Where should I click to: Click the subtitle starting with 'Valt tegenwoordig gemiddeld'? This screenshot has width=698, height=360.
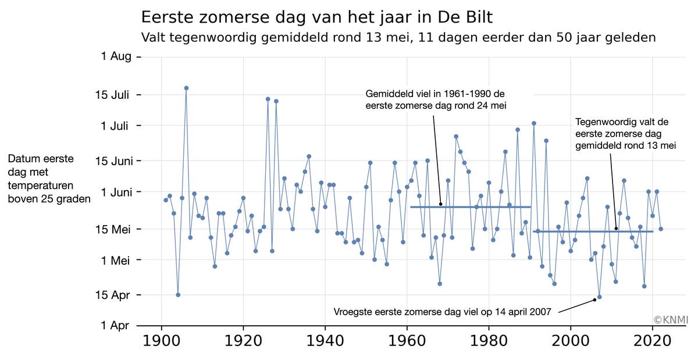399,37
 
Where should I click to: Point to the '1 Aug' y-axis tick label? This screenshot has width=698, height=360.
116,56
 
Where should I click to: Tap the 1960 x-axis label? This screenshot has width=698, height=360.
407,341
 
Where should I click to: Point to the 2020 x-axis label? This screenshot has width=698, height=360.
653,341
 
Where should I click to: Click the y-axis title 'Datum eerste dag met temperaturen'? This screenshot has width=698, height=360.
49,179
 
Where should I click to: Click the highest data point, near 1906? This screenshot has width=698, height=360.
186,88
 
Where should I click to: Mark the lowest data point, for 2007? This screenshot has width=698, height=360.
599,297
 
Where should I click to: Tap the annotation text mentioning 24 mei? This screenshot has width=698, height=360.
436,99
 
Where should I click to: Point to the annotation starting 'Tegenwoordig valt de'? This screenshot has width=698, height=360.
625,134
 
